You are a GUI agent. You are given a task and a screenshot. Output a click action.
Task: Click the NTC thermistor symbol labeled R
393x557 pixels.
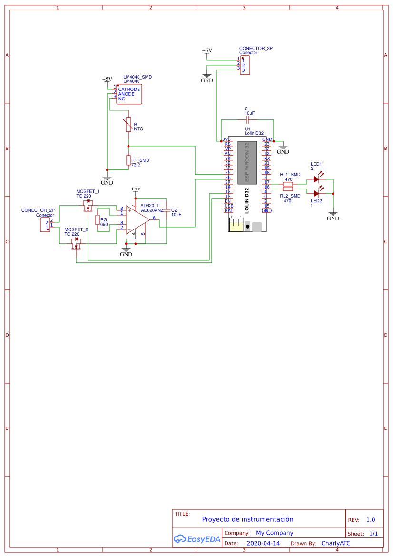click(x=128, y=125)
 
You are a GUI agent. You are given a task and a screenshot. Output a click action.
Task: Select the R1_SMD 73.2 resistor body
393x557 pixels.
click(x=128, y=160)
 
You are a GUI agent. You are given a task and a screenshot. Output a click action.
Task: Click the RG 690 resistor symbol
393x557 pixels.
click(x=98, y=220)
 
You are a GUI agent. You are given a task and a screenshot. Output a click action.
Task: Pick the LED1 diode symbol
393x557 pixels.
click(x=316, y=179)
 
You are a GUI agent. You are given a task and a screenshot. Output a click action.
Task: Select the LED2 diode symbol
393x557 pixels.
click(x=316, y=193)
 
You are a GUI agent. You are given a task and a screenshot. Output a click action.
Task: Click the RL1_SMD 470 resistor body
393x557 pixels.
click(x=288, y=184)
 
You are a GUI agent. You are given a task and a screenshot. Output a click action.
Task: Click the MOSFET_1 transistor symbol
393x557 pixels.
click(x=88, y=206)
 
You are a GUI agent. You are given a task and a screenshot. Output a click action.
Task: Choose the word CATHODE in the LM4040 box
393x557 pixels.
click(x=129, y=90)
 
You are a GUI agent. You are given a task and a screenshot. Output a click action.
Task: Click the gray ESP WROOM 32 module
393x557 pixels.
click(x=247, y=162)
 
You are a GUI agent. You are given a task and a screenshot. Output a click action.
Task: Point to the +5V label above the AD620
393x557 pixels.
click(x=136, y=189)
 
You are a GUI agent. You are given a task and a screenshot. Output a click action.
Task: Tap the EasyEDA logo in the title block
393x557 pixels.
click(x=197, y=539)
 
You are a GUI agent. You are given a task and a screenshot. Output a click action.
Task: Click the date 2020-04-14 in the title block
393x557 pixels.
click(x=263, y=543)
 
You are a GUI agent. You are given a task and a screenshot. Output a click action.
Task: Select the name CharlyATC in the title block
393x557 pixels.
click(x=335, y=543)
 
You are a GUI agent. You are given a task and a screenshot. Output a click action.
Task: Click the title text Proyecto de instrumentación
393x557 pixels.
click(x=247, y=519)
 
